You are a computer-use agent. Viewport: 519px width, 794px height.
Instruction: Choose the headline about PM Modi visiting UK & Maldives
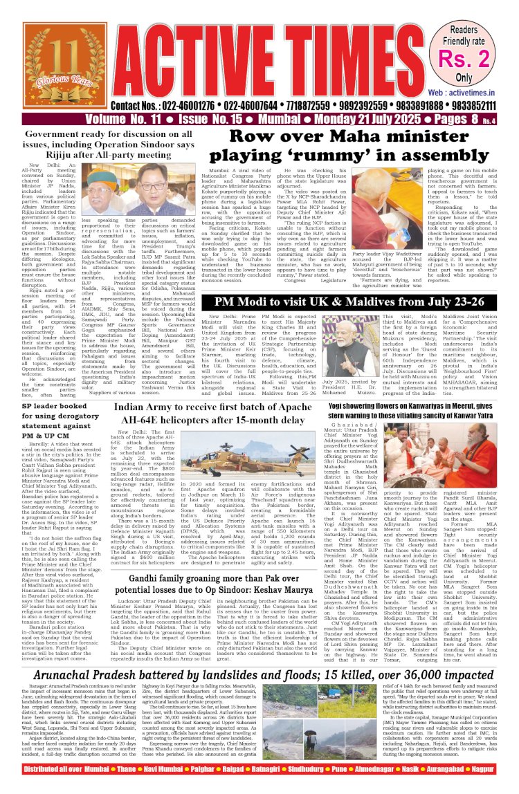(x=339, y=283)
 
